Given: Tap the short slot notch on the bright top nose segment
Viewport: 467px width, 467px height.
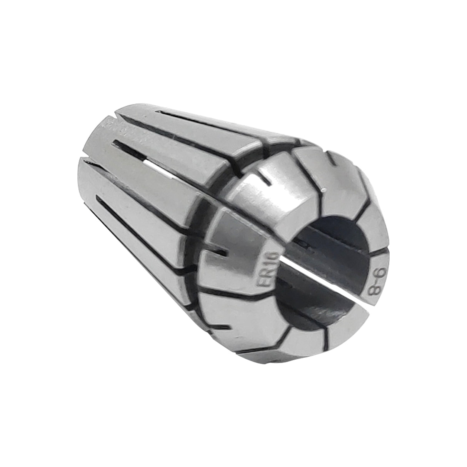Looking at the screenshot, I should [265, 178].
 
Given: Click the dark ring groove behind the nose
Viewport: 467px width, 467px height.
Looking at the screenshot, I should [200, 231].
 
